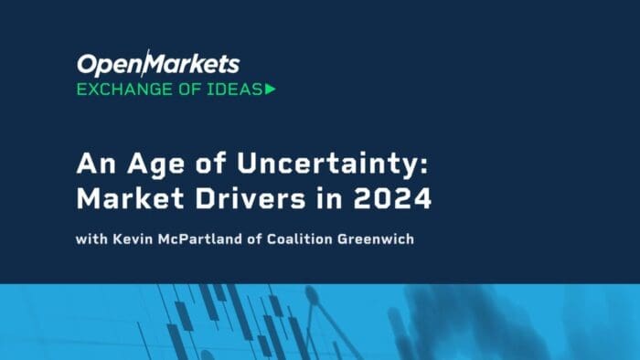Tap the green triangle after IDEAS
270,89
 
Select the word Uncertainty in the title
311,167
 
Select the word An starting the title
94,167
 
